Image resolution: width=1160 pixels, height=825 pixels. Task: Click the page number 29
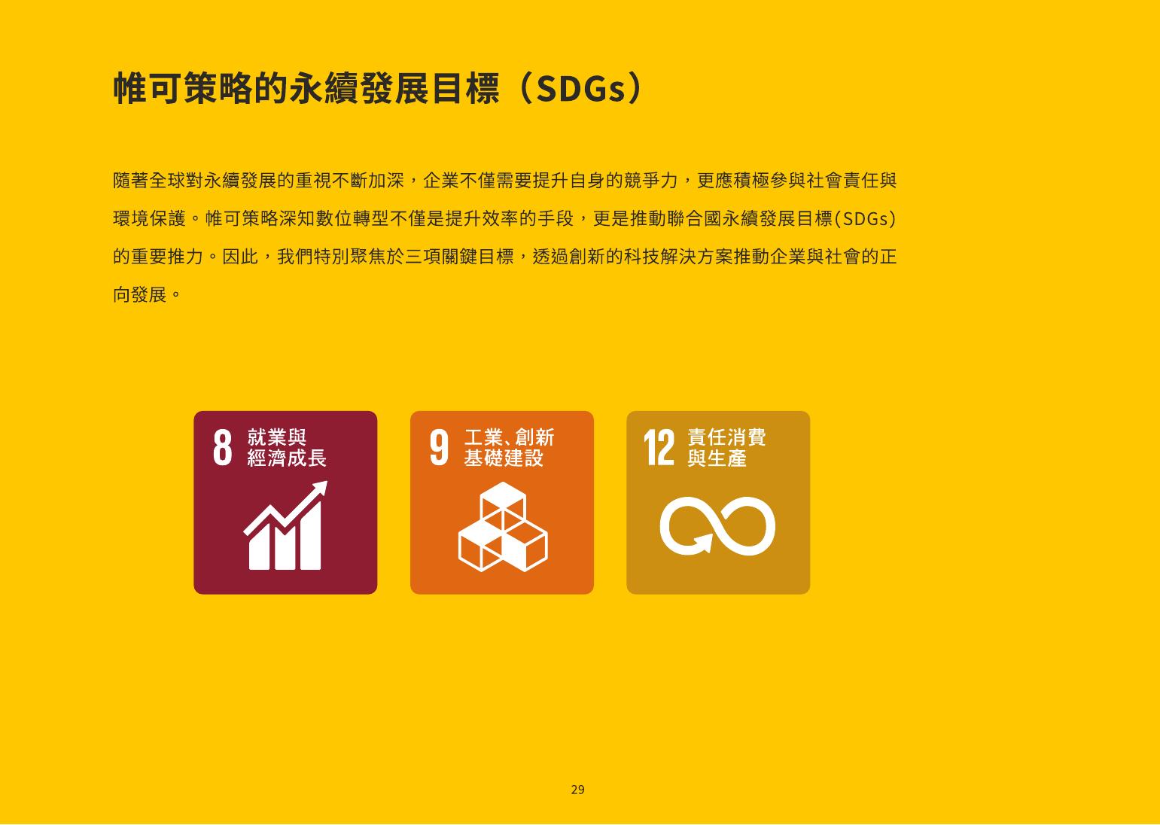577,790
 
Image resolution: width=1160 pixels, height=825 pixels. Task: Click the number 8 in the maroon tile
223,447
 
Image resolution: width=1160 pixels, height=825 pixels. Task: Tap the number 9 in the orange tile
439,447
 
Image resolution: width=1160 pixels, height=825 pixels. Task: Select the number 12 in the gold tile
659,447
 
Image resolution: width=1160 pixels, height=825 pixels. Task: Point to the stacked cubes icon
503,527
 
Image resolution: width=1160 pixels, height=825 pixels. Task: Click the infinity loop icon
717,526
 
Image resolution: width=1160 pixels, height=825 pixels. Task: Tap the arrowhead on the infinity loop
703,543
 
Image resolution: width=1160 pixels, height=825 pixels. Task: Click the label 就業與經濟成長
286,447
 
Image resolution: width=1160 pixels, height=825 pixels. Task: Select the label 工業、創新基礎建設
509,447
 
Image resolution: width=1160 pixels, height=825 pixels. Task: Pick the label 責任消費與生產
726,447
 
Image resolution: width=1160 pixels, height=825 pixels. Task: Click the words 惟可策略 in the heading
183,89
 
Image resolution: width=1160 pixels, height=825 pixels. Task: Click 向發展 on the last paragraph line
140,294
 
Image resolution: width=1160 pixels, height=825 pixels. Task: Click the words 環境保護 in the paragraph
149,218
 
